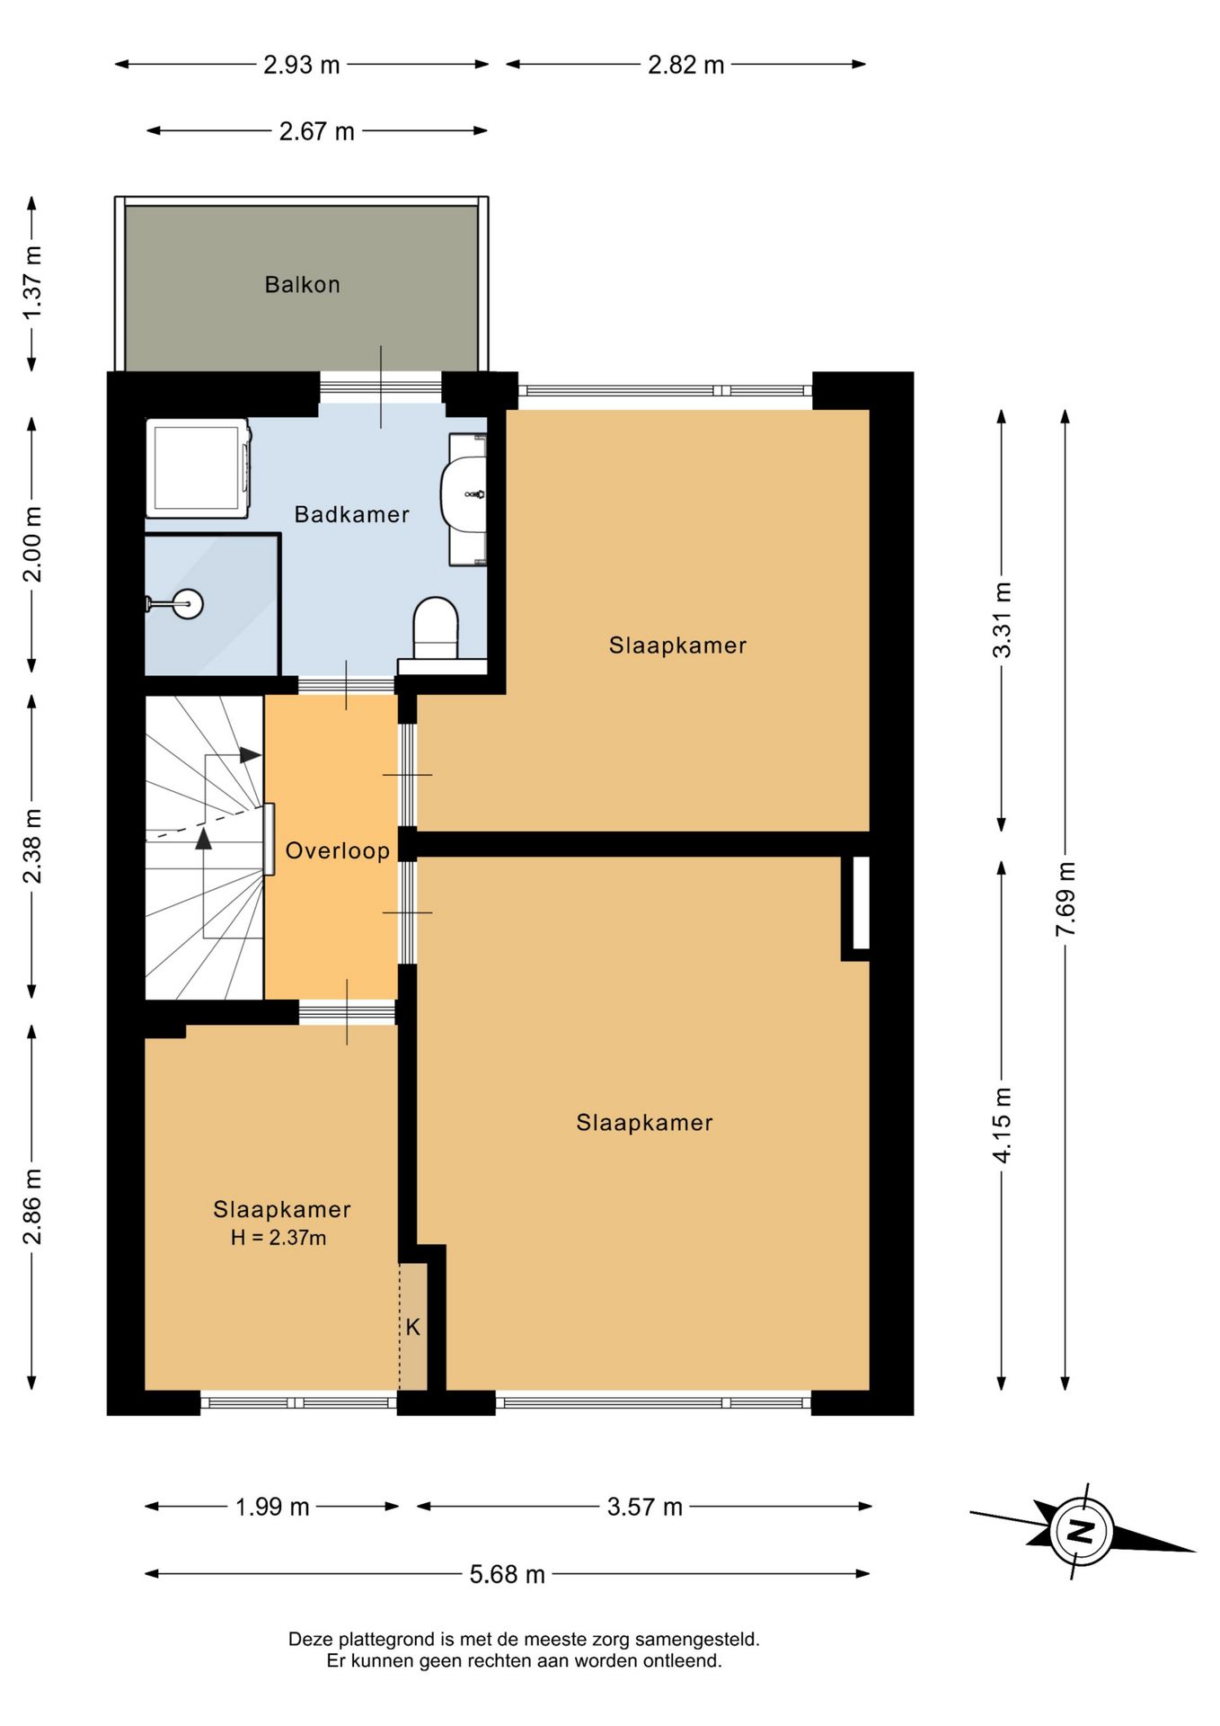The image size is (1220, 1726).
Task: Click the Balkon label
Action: [302, 285]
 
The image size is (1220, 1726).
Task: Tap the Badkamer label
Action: [351, 514]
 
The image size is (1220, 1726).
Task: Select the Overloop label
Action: [337, 850]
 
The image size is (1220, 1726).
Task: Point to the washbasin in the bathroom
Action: [464, 494]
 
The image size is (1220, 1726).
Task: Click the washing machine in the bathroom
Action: [199, 468]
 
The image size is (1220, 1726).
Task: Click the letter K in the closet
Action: [412, 1327]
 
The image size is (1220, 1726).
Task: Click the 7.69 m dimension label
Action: [1065, 899]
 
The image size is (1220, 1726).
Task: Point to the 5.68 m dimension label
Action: [507, 1573]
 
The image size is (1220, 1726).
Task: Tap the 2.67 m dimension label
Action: [316, 131]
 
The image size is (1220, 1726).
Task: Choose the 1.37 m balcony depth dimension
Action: [32, 282]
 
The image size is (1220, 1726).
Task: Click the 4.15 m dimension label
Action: [1002, 1125]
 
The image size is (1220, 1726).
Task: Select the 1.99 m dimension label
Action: [272, 1506]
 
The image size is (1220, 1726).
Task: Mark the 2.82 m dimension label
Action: [685, 65]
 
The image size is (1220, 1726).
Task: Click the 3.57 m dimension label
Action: [644, 1506]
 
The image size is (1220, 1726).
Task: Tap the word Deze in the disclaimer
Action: [308, 1639]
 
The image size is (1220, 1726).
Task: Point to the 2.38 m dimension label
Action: [32, 846]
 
